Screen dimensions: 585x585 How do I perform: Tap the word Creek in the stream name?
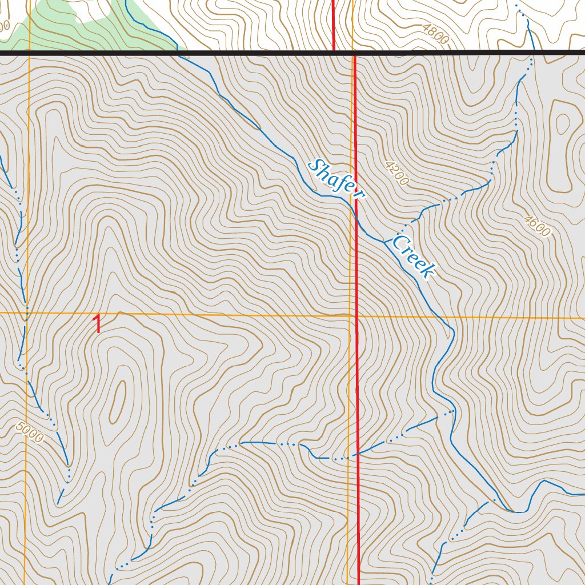point(414,257)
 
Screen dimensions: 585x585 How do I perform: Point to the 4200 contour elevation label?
point(396,173)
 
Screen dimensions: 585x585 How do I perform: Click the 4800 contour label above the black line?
point(435,34)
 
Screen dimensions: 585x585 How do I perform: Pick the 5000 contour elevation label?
point(30,432)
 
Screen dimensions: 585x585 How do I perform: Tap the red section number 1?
point(98,324)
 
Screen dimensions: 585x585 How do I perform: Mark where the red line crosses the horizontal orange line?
point(356,315)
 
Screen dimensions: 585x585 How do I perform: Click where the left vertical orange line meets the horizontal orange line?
point(27,313)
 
